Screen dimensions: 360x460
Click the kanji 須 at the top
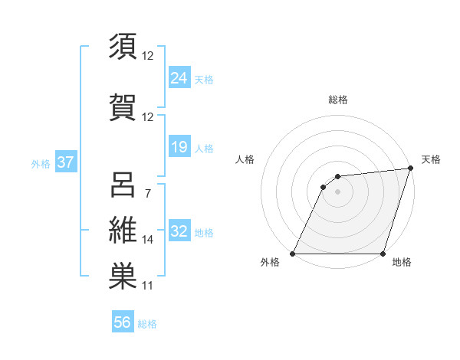point(123,47)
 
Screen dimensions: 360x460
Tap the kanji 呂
point(123,185)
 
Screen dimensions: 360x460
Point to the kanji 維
point(123,231)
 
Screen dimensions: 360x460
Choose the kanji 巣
point(123,277)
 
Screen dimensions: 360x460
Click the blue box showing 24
point(179,77)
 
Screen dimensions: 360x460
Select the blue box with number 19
point(179,146)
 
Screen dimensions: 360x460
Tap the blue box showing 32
point(179,231)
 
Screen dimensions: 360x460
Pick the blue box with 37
point(65,163)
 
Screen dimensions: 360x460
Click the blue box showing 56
point(123,322)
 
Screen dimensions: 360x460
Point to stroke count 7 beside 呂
point(147,194)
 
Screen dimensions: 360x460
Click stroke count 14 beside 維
point(147,240)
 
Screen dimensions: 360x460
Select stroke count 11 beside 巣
point(147,286)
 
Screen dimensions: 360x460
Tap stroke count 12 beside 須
point(147,56)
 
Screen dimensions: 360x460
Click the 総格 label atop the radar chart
point(337,100)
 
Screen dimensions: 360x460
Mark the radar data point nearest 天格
point(412,169)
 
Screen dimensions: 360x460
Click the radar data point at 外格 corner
point(293,254)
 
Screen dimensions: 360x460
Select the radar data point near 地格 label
point(382,254)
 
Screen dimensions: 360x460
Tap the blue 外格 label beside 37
point(41,164)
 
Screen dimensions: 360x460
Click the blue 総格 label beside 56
point(147,324)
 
